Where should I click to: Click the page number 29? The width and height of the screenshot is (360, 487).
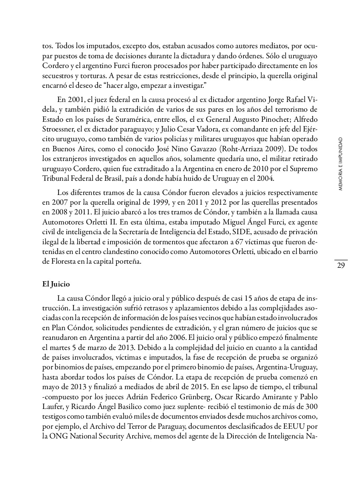pos(341,266)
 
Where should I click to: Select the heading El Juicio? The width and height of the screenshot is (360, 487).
pos(56,284)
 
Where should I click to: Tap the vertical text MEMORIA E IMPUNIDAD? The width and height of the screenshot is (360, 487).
pos(340,164)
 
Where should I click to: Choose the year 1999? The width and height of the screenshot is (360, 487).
pos(161,202)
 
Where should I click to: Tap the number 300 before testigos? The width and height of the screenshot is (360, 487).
pos(311,406)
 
